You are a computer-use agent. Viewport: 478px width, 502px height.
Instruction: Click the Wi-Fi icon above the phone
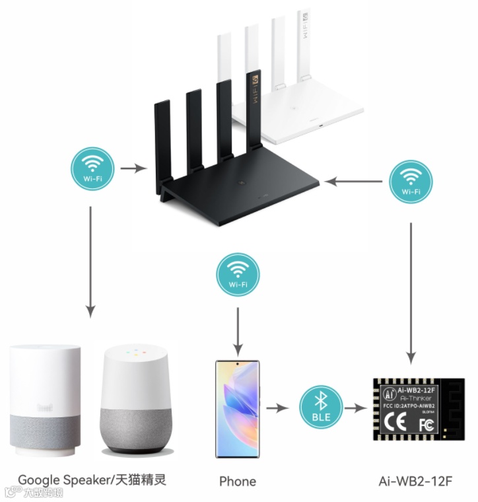point(238,275)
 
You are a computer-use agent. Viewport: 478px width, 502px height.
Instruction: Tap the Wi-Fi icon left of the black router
point(92,169)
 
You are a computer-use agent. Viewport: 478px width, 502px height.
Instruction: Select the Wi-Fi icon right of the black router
point(411,181)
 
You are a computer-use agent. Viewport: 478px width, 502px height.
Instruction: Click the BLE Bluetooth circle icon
point(322,408)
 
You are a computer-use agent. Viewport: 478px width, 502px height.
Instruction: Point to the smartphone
point(238,409)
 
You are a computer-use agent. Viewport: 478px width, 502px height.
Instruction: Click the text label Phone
point(238,481)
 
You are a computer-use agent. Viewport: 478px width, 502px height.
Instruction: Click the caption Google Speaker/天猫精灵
point(92,480)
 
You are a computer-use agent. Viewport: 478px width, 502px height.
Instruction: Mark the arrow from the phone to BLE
point(278,408)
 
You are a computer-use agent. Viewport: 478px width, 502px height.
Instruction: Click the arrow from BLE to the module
point(357,408)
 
